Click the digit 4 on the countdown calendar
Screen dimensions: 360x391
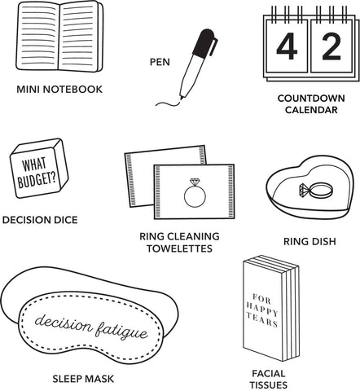(x=287, y=46)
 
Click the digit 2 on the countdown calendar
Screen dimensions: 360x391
(x=331, y=46)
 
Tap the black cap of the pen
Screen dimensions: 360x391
(x=205, y=42)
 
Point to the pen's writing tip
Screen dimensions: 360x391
(x=181, y=98)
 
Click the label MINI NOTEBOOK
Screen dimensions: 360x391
(x=59, y=90)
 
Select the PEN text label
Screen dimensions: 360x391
(x=160, y=62)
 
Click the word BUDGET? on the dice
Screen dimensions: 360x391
(x=37, y=180)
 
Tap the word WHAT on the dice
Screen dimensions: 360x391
(x=34, y=165)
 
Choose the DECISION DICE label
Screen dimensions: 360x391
(x=40, y=220)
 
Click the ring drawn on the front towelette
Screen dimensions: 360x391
(x=195, y=193)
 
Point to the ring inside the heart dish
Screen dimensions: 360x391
(x=316, y=190)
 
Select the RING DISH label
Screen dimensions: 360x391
(x=310, y=241)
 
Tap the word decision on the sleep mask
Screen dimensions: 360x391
(x=64, y=323)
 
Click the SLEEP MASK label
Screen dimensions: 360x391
(x=83, y=379)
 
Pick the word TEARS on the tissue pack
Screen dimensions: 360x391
(x=262, y=319)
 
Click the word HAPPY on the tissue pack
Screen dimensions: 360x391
(x=262, y=310)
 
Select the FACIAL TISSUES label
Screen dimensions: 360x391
(x=269, y=380)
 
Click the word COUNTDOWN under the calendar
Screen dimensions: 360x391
(x=311, y=99)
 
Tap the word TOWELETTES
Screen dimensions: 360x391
(x=180, y=248)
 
